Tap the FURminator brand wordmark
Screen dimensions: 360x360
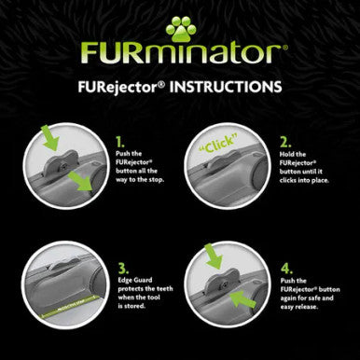pyautogui.click(x=179, y=54)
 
